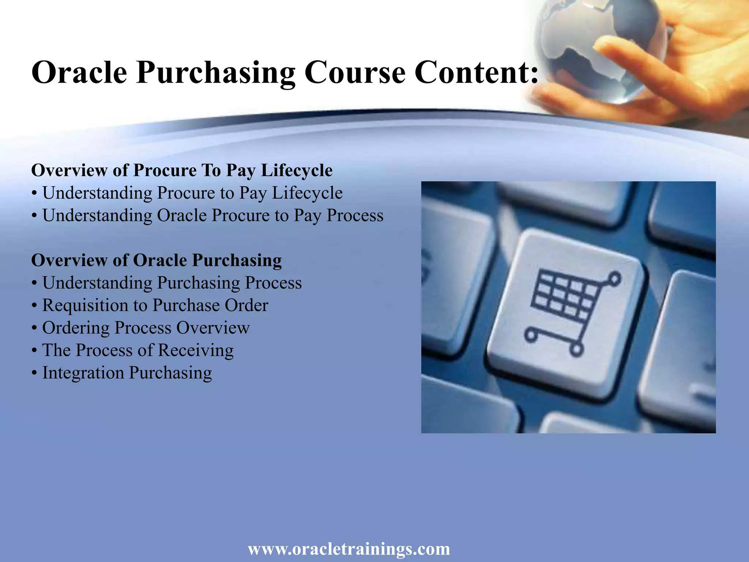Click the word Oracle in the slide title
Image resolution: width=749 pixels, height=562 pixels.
click(79, 72)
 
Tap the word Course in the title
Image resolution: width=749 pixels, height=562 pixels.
click(355, 72)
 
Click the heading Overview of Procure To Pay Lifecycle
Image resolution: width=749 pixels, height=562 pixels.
click(182, 171)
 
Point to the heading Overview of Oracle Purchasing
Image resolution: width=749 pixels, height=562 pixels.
click(157, 261)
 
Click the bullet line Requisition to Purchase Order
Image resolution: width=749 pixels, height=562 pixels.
click(155, 306)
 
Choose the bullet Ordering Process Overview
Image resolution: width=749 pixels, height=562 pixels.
click(146, 328)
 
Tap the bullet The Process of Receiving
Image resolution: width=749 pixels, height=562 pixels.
click(138, 351)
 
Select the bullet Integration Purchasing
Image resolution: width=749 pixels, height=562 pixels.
click(127, 373)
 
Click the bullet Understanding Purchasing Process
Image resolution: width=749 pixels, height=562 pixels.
click(172, 283)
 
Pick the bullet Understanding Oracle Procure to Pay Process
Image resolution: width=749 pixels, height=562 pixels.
click(213, 216)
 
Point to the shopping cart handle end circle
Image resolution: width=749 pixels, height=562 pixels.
click(616, 278)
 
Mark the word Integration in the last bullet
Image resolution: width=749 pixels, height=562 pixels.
click(83, 373)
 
